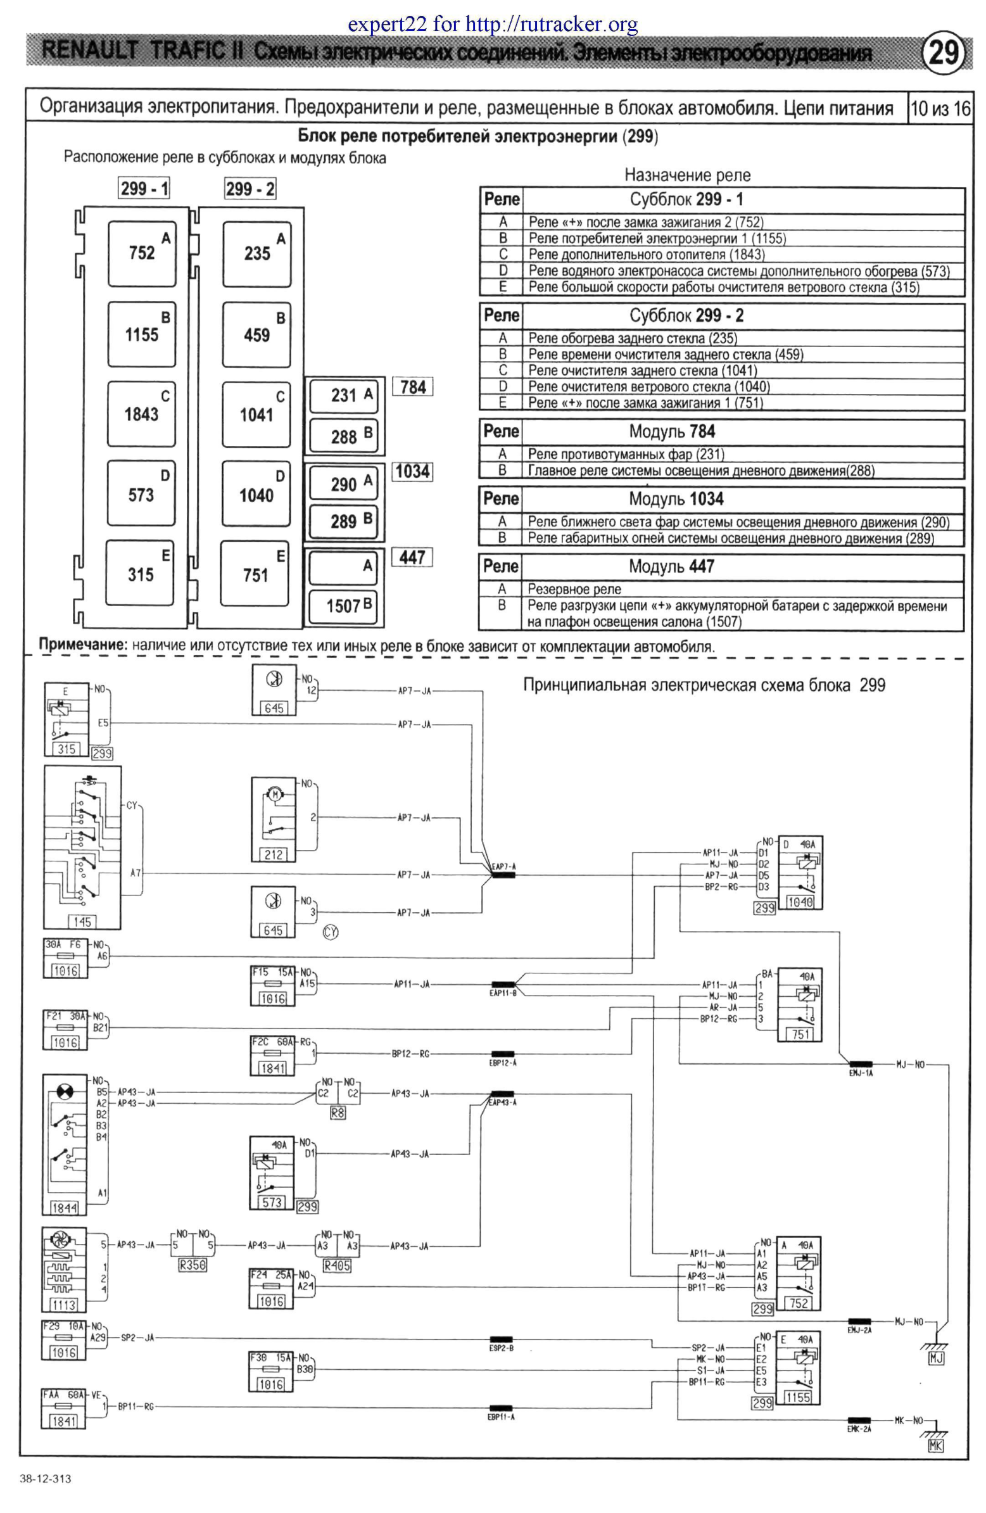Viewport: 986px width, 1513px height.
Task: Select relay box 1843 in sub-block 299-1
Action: point(141,414)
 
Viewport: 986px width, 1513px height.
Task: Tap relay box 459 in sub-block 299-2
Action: point(257,334)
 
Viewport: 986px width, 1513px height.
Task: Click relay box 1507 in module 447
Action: point(345,606)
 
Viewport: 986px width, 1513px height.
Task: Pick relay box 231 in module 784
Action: point(345,395)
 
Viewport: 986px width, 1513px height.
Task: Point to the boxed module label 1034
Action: point(412,472)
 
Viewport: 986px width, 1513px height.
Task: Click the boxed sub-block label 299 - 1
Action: point(145,188)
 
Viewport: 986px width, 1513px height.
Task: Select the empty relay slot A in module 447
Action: point(345,566)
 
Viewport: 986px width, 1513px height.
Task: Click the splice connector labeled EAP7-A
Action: point(503,875)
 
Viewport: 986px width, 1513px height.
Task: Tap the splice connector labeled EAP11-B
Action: point(503,984)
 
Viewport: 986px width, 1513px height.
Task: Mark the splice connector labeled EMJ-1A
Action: point(861,1064)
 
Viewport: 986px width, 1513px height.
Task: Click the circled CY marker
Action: point(331,932)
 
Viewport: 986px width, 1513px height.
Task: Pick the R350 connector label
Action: point(193,1265)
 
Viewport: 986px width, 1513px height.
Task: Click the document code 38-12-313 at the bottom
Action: point(45,1479)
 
